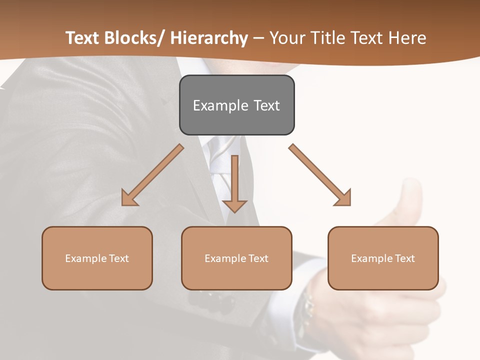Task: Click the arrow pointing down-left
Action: coord(152,175)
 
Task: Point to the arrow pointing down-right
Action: coord(320,175)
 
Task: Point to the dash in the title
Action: coord(258,38)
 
